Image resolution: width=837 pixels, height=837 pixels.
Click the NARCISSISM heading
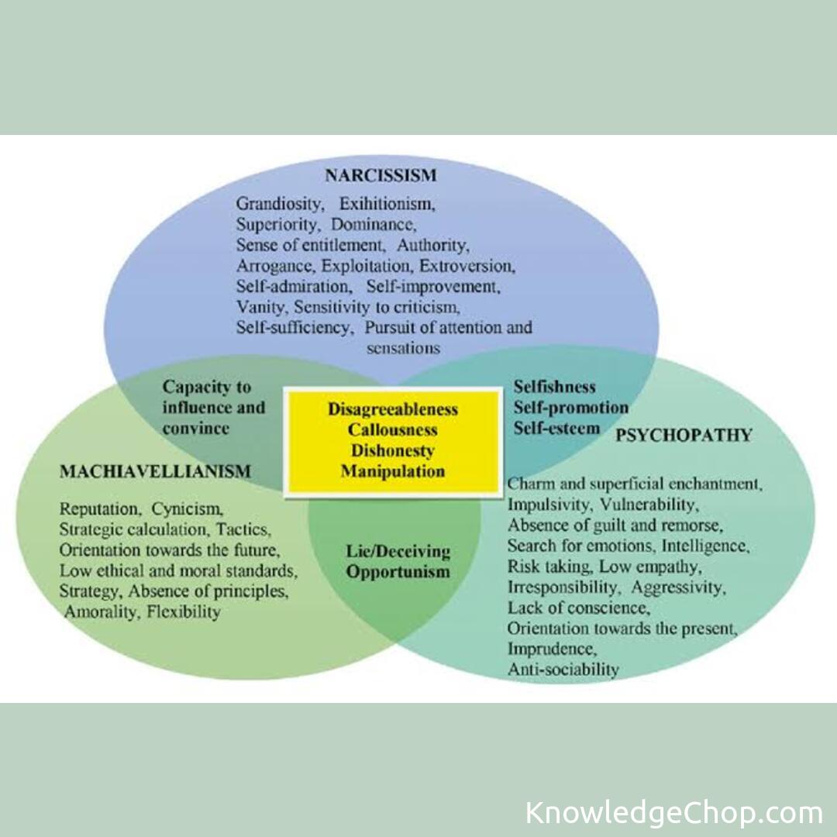pyautogui.click(x=381, y=175)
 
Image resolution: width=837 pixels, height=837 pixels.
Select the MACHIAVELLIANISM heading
pyautogui.click(x=155, y=471)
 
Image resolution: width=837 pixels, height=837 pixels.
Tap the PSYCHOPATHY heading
pyautogui.click(x=684, y=435)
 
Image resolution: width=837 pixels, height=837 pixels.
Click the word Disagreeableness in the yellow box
pyautogui.click(x=393, y=408)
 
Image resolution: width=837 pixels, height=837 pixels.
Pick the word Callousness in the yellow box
pyautogui.click(x=393, y=429)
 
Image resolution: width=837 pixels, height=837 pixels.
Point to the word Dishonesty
pyautogui.click(x=393, y=450)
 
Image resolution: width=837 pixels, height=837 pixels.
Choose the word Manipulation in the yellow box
pyautogui.click(x=393, y=470)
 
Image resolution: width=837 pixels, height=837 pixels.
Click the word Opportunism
pyautogui.click(x=398, y=573)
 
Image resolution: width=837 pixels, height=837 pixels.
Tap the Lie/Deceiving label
pyautogui.click(x=398, y=552)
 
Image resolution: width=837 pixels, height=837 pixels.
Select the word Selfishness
pyautogui.click(x=555, y=387)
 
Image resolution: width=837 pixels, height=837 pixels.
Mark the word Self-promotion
pyautogui.click(x=571, y=407)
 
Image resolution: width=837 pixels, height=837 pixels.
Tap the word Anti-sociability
pyautogui.click(x=563, y=669)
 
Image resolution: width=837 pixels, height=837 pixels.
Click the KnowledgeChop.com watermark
pyautogui.click(x=673, y=813)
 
